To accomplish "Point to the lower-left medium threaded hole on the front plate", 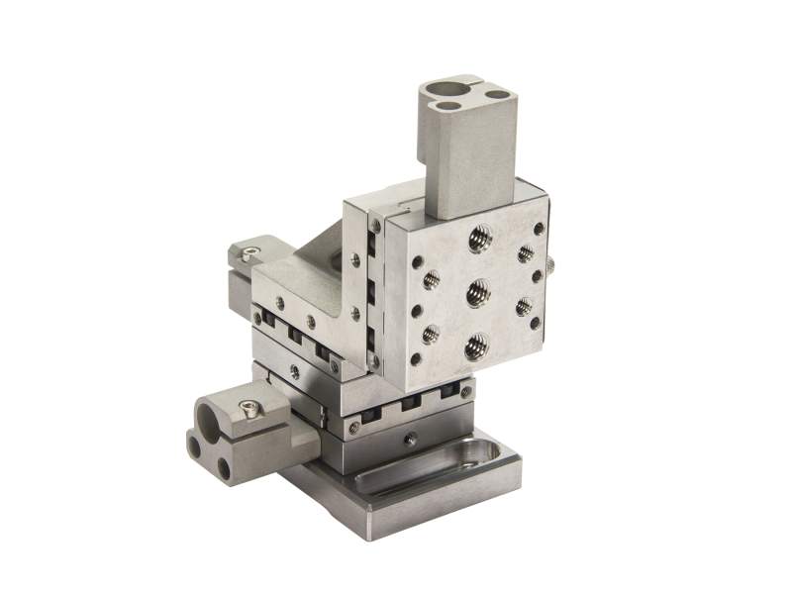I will [430, 334].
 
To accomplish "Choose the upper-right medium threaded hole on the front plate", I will [526, 253].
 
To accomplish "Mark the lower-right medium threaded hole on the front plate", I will [523, 306].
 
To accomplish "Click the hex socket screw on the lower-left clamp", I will [253, 405].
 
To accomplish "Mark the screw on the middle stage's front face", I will [294, 371].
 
